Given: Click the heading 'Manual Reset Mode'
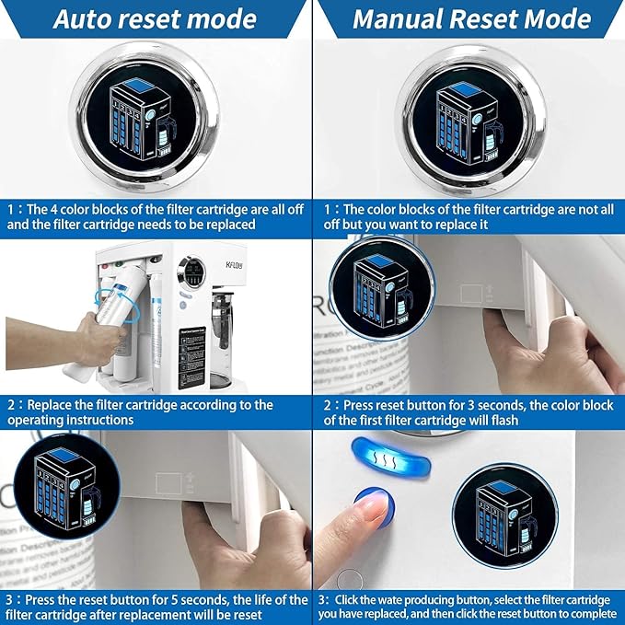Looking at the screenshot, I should coord(471,19).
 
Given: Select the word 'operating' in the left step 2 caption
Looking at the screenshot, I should coord(36,420).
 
